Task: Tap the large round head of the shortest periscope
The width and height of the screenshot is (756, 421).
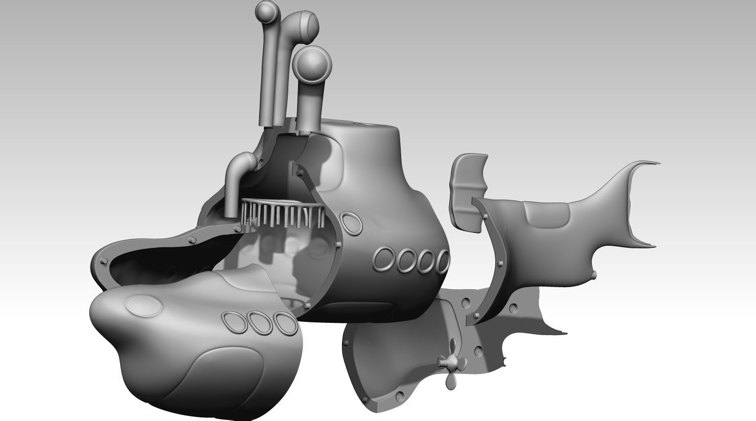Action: click(312, 64)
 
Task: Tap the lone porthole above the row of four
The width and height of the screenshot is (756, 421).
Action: click(351, 224)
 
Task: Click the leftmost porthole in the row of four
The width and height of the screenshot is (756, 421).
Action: click(385, 260)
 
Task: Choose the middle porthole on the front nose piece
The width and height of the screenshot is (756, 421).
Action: click(259, 323)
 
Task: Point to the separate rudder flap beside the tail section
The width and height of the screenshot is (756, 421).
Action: click(467, 189)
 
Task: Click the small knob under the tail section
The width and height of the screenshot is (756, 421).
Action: click(594, 276)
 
